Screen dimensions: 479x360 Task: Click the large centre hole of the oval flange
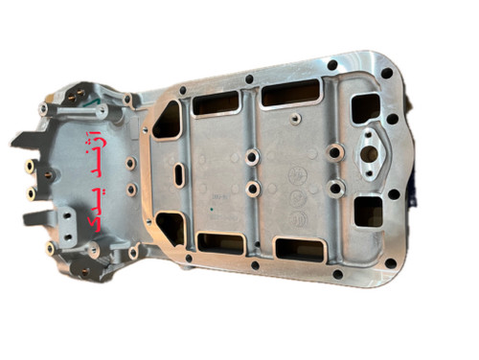[373, 152]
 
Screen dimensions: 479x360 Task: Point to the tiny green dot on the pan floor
[212, 210]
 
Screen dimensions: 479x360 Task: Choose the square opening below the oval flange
[369, 212]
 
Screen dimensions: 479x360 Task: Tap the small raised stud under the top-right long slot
[295, 119]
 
